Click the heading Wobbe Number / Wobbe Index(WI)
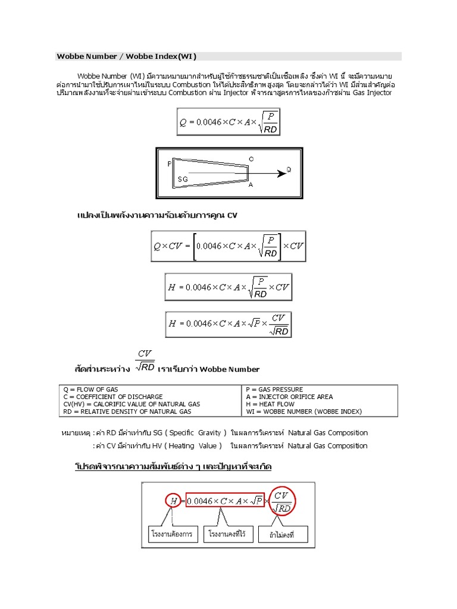(126, 56)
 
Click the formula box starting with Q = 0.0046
(228, 121)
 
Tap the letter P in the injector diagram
(170, 163)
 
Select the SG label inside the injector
(183, 179)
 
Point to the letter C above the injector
(251, 159)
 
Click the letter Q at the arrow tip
(289, 169)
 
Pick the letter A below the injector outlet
(251, 185)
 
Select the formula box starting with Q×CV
(228, 246)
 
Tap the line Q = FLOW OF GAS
(91, 390)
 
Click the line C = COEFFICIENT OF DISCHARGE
(113, 397)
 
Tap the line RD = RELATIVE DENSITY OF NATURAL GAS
(127, 412)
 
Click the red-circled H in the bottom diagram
(173, 501)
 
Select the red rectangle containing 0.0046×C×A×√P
(224, 501)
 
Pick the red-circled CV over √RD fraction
(283, 501)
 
